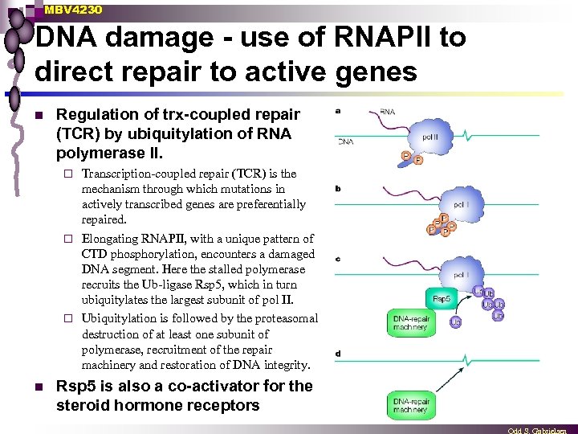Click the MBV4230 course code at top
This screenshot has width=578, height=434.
[73, 10]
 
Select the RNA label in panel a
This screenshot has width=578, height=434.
[387, 112]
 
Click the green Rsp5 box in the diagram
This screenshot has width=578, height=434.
[441, 298]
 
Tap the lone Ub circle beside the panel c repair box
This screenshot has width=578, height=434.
[455, 322]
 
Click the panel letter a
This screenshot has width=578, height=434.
[337, 111]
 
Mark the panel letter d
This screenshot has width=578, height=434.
[337, 354]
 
